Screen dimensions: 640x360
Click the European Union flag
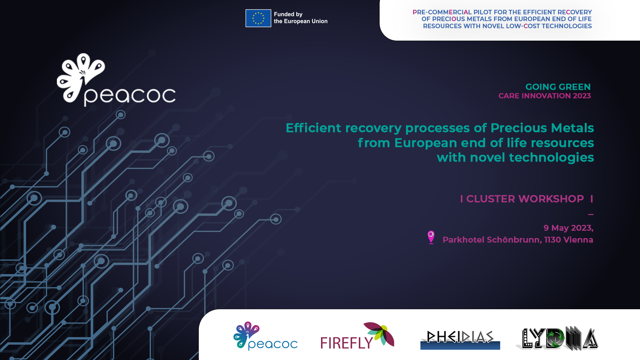coord(258,18)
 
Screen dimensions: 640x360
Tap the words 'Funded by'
coord(288,14)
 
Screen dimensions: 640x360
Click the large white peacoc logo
coord(116,80)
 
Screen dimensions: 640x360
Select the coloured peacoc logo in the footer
coord(265,336)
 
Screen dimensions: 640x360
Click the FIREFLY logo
coord(357,336)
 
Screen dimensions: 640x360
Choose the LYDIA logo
coord(557,338)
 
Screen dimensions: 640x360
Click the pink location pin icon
coord(431,237)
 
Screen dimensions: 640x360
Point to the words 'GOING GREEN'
coord(558,87)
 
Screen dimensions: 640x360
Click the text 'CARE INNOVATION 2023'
coord(545,96)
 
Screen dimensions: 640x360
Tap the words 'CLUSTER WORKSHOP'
coord(525,199)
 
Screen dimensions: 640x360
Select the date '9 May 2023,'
coord(568,228)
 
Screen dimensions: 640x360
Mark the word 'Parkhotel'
coord(464,240)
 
